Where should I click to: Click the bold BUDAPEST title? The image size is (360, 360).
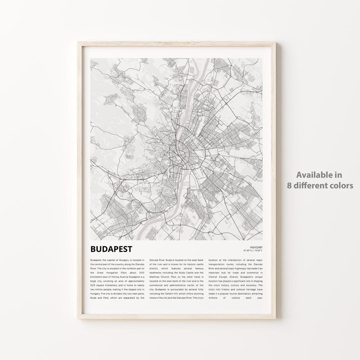click(x=111, y=249)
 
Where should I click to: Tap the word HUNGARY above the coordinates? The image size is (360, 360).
click(x=256, y=247)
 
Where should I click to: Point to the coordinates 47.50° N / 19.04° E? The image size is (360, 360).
click(x=253, y=250)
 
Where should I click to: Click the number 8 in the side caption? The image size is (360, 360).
click(x=289, y=185)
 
